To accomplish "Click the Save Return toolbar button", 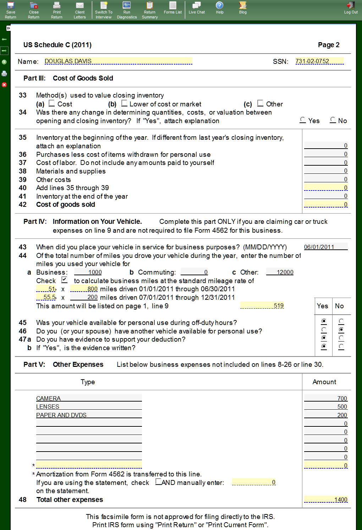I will [x=11, y=10].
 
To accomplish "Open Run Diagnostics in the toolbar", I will [x=127, y=10].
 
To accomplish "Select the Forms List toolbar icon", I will [x=173, y=8].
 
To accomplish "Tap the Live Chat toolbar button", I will [x=197, y=8].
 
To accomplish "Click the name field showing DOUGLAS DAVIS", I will [x=118, y=61].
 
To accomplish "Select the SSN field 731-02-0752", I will [x=319, y=61].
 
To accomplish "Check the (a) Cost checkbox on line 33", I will [x=52, y=103].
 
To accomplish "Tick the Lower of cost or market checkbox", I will [x=124, y=103].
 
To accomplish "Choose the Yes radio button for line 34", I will [x=303, y=120].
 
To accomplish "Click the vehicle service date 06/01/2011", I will [x=325, y=247].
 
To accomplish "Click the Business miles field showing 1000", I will [x=88, y=272].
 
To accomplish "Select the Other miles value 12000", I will [x=280, y=272].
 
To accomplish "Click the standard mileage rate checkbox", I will [x=64, y=280].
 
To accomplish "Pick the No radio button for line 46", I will [x=341, y=330].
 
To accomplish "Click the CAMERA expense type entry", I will [x=89, y=398].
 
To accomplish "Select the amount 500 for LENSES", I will [x=325, y=407].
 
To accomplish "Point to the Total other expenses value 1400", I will [x=325, y=499].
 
